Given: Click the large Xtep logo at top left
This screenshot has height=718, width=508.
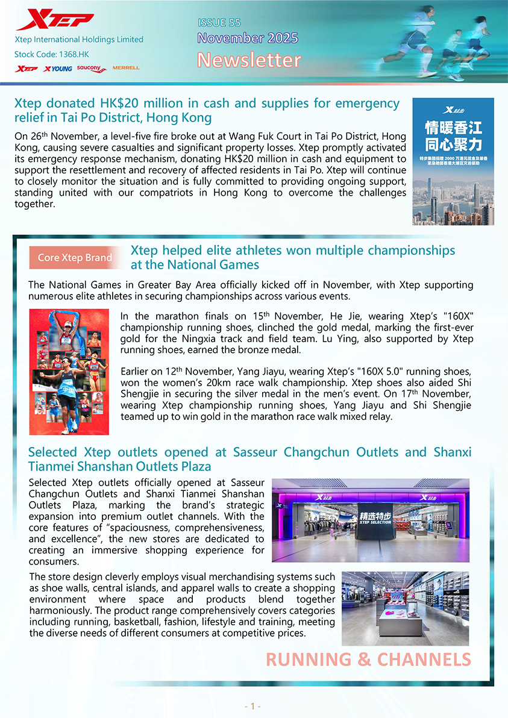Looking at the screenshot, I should coord(54,20).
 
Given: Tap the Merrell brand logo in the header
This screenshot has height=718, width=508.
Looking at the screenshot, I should coord(126,68).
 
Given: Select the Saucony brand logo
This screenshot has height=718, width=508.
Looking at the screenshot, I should coord(92,69).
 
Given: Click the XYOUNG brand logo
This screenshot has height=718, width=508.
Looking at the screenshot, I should coord(58,69).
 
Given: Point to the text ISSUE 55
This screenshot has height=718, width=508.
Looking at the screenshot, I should coord(219,23).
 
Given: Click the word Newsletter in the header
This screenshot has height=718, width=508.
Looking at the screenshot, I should coord(249,60).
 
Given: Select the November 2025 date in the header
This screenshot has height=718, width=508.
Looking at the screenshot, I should coord(248,39).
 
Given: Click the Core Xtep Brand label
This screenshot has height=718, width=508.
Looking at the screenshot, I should coord(75,258).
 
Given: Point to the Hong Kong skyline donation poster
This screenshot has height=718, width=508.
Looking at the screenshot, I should coord(453,161).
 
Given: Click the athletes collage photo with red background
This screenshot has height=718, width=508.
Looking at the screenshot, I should coord(69,372).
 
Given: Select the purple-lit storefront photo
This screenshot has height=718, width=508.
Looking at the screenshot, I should coord(370,520).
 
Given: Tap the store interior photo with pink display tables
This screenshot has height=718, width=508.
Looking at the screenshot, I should coord(405,608).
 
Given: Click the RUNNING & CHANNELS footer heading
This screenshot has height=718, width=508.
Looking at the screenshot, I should coord(368,660).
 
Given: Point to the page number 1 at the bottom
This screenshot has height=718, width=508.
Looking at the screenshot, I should coord(252,706).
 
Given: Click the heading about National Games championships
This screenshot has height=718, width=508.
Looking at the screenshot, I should coord(293,257).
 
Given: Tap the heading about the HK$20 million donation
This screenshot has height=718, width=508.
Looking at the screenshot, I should coord(207,110).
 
